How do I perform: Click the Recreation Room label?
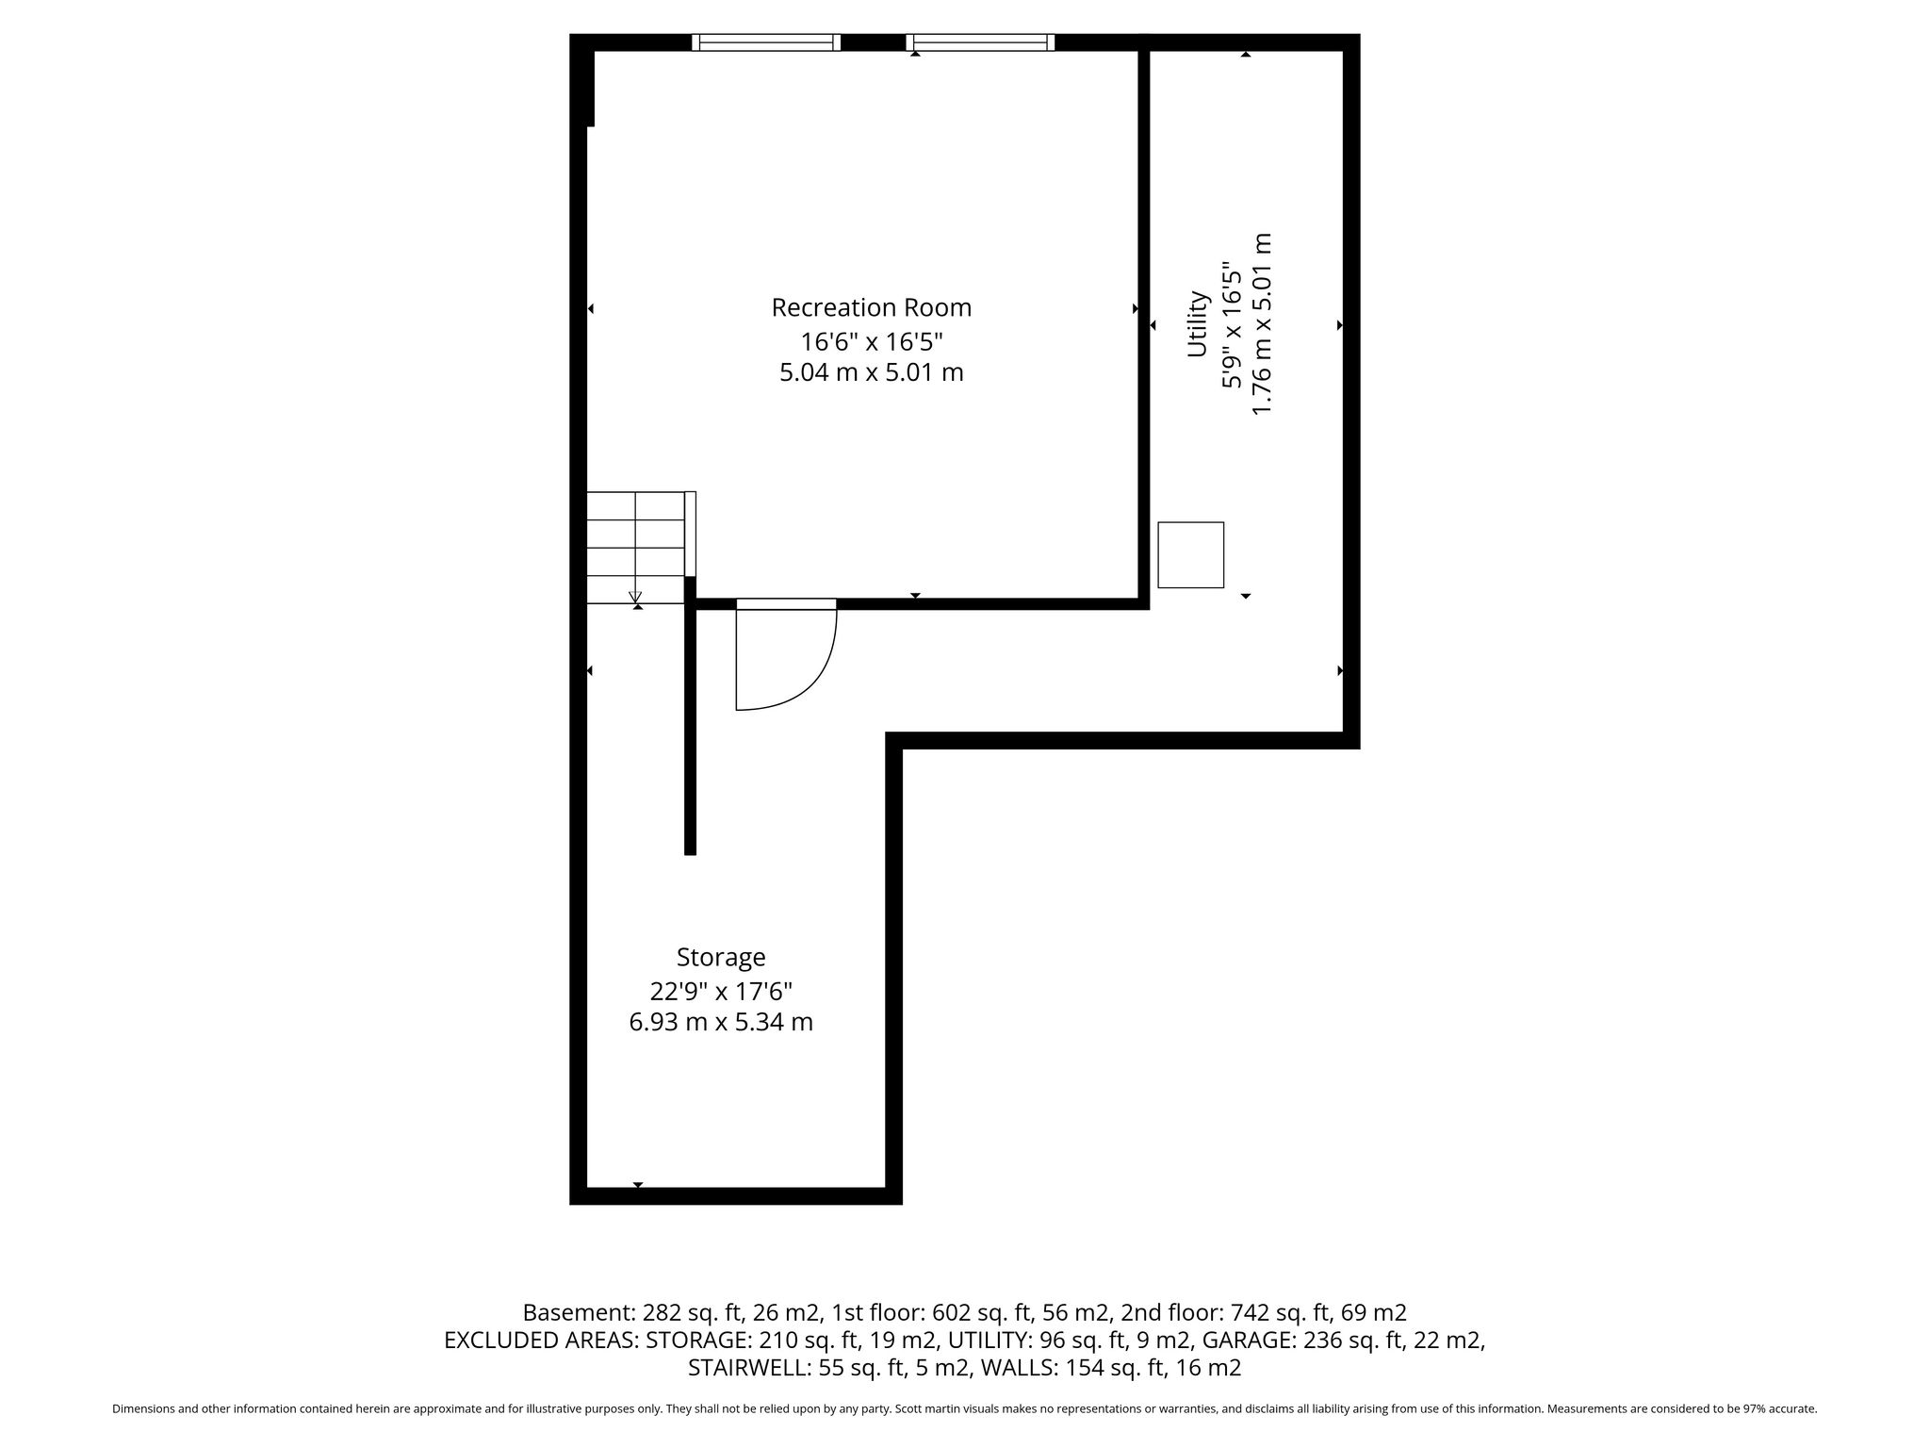[871, 308]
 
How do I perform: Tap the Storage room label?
[721, 958]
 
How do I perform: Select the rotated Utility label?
[1198, 324]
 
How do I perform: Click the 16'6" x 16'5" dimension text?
[871, 340]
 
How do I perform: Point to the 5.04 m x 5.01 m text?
[871, 372]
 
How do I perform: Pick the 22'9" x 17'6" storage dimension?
[721, 991]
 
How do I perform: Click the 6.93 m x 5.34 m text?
[721, 1022]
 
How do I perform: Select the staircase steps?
[636, 547]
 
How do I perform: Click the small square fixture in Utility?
[1190, 554]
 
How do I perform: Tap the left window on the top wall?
[766, 41]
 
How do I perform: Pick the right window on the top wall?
[980, 41]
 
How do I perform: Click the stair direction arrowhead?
[635, 597]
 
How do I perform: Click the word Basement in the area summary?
[578, 1312]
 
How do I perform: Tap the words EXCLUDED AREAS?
[541, 1340]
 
